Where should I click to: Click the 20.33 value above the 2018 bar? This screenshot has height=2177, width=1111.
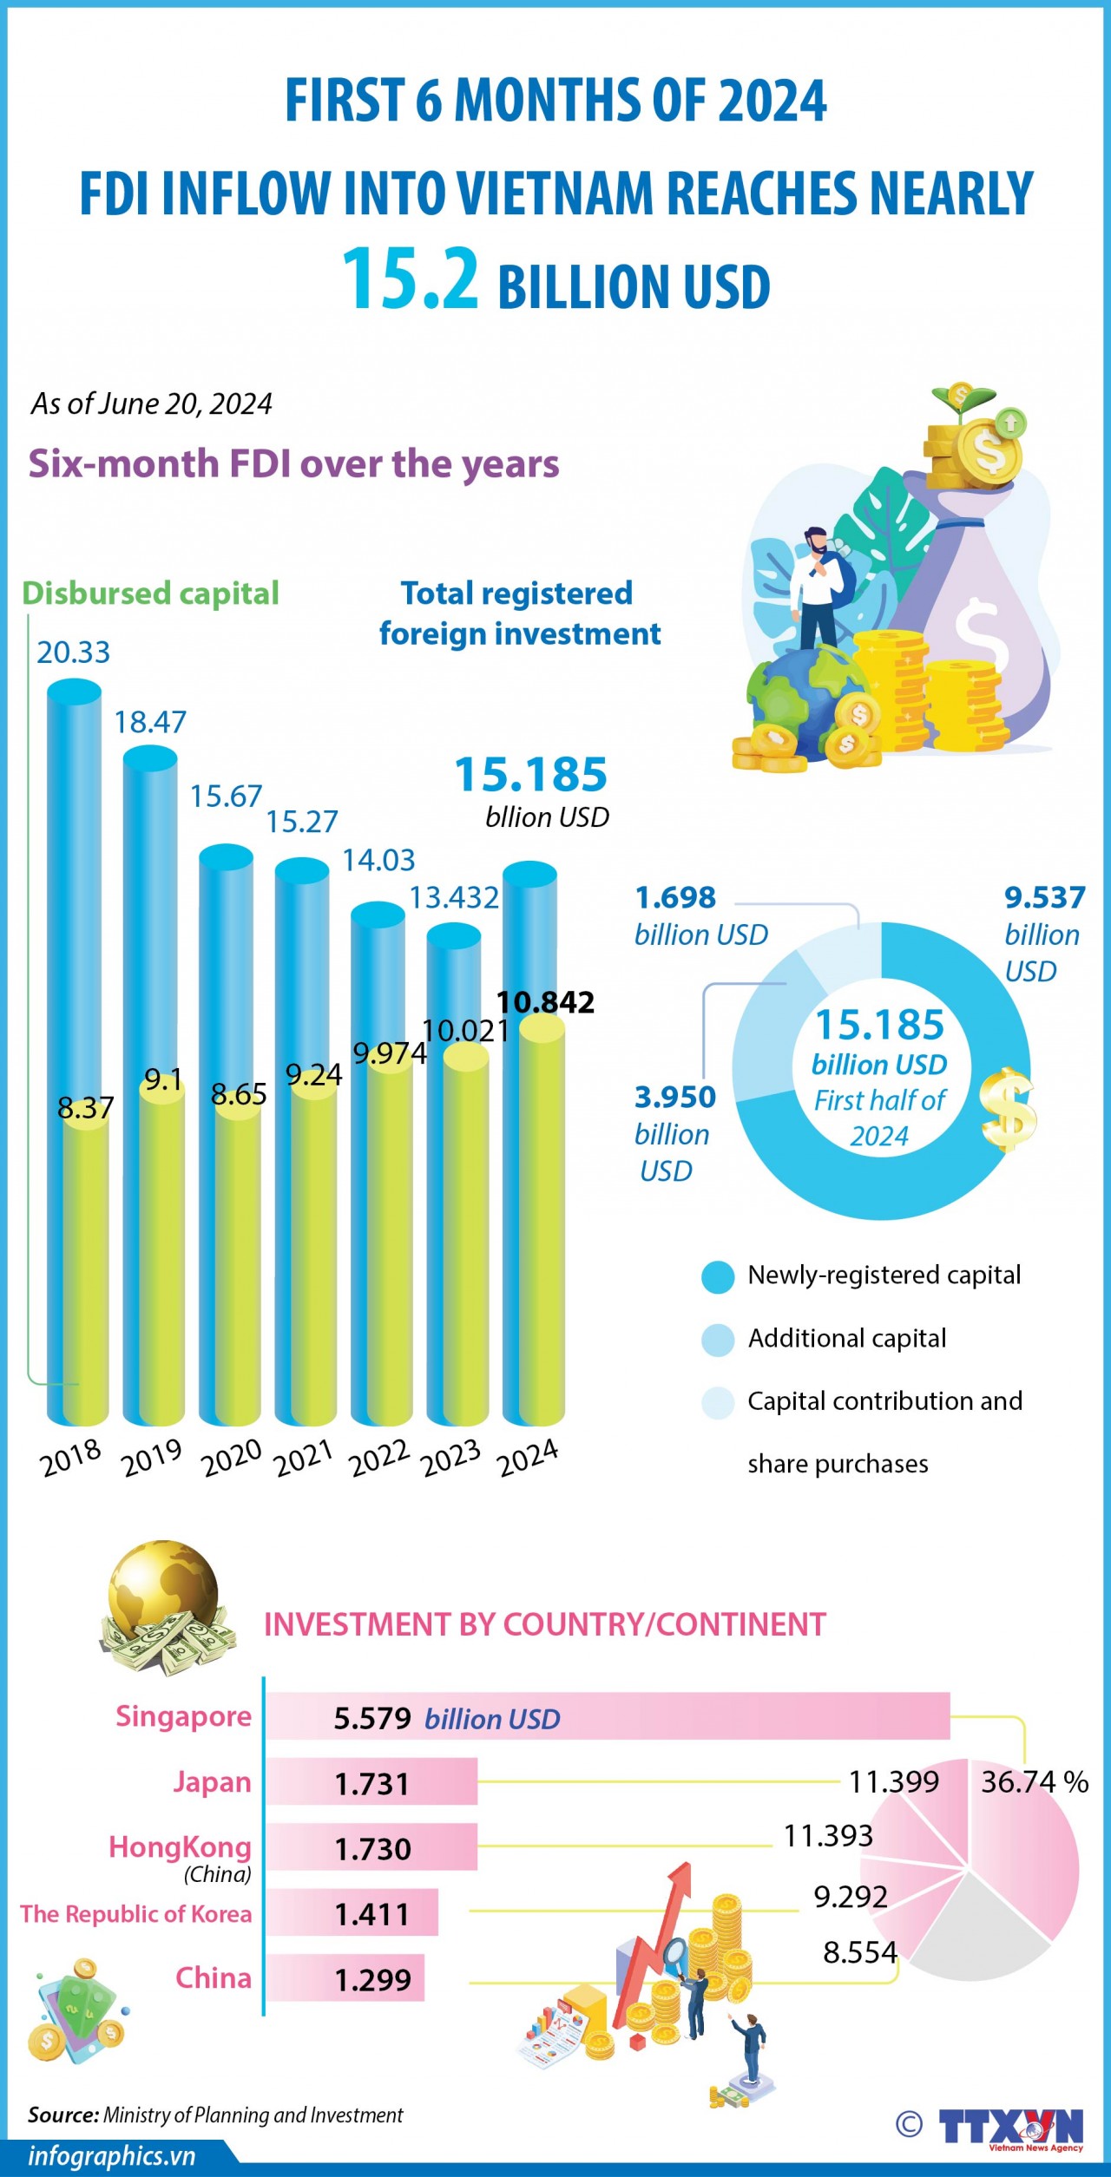(74, 652)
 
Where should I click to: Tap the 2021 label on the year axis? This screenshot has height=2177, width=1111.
(304, 1457)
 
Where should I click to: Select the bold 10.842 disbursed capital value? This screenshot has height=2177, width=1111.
(545, 1002)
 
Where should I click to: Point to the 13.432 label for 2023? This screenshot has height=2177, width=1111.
(454, 897)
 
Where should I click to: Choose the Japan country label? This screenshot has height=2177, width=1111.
(213, 1783)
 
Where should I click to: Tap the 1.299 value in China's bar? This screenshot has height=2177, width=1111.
(372, 1980)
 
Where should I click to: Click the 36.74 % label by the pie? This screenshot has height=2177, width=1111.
(1034, 1782)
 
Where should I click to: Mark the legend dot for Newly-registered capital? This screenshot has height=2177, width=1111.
(718, 1277)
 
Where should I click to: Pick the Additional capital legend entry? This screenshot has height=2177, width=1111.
(846, 1339)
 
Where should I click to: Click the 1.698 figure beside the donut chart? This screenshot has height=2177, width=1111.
(675, 897)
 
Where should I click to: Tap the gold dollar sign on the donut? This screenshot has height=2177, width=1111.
(1008, 1110)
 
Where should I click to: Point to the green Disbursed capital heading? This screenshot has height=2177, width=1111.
(150, 593)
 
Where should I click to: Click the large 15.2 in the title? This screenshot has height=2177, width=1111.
(410, 279)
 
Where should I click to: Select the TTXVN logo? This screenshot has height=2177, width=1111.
(1011, 2128)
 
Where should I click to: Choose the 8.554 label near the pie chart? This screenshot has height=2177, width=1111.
(859, 1953)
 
